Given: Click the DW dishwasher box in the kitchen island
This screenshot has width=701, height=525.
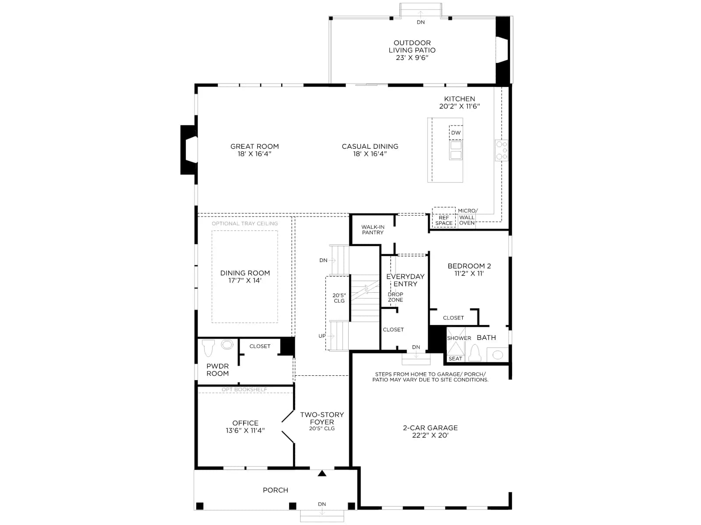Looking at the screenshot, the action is [456, 132].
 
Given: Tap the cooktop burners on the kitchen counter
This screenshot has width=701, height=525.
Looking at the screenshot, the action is [501, 150].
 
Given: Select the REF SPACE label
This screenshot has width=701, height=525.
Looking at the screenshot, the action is [443, 220].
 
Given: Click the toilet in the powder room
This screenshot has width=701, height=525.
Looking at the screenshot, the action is [208, 348].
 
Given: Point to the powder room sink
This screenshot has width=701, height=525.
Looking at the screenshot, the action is [227, 345].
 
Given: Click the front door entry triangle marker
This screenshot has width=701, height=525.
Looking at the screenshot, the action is [322, 473].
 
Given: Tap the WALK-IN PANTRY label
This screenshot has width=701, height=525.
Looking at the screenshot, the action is [373, 230].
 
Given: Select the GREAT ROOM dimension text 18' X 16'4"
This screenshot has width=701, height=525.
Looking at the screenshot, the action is [255, 154].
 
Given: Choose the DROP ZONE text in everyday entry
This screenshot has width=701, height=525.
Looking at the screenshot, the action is [395, 297].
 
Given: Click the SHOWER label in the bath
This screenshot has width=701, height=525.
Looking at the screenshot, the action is [459, 338].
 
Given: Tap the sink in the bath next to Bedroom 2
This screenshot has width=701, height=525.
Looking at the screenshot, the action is [498, 354].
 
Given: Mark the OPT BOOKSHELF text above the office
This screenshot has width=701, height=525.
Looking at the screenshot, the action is [244, 389].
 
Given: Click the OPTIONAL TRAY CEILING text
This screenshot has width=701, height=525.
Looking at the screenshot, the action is [244, 224].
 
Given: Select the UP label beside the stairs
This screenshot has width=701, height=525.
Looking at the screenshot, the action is [322, 336].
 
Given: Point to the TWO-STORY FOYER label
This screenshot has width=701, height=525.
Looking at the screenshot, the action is [322, 418].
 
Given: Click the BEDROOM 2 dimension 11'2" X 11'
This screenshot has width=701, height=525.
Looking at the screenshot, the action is [469, 273].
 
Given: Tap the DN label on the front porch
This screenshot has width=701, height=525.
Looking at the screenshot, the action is [322, 504].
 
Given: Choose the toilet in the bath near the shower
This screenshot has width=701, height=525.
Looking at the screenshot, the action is [474, 353].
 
